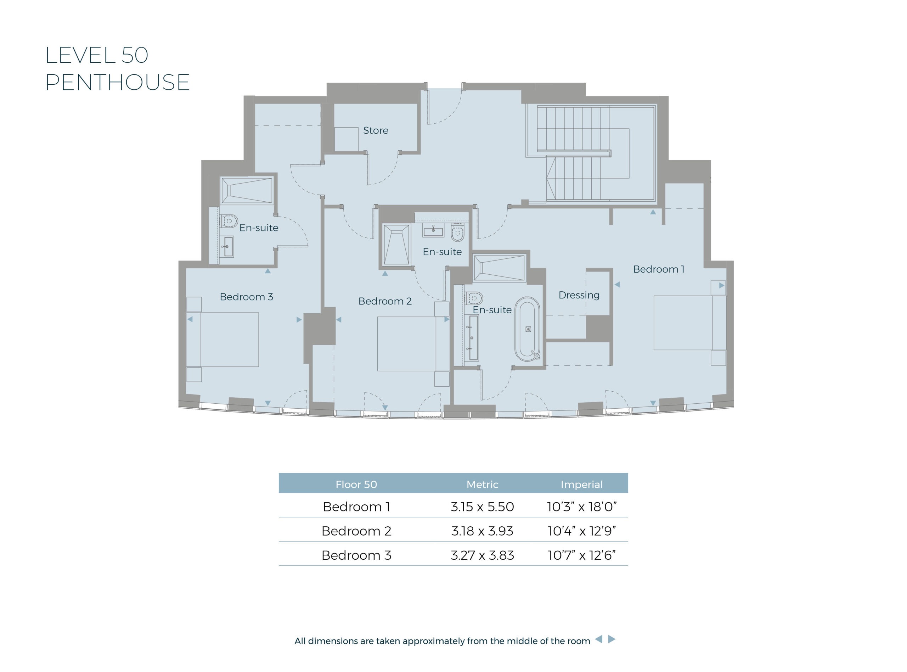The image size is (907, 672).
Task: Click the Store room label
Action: click(x=375, y=130)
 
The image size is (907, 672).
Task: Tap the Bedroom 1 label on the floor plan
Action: click(x=659, y=269)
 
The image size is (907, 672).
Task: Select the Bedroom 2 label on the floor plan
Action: click(x=385, y=301)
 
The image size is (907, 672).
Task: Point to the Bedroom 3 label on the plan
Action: click(x=246, y=297)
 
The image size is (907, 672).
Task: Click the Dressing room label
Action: click(x=579, y=295)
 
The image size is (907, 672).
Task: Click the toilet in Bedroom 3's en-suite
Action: click(x=229, y=221)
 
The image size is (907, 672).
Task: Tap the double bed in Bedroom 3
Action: click(x=223, y=340)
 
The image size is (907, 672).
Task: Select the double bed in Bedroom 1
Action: click(x=689, y=323)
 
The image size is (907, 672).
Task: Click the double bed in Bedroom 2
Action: click(x=413, y=344)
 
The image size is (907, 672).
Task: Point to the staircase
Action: click(x=590, y=153)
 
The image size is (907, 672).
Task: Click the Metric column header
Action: click(x=482, y=485)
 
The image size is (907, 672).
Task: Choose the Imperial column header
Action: click(x=581, y=485)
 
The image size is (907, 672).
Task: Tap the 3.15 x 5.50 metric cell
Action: click(x=482, y=507)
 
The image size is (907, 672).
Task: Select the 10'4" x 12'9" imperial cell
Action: click(x=582, y=531)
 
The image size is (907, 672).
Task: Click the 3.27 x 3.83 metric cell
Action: click(x=482, y=555)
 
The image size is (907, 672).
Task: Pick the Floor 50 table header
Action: click(x=356, y=485)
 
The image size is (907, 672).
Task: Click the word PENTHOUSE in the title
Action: click(x=118, y=82)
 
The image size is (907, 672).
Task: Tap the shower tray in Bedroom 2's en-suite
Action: click(x=396, y=245)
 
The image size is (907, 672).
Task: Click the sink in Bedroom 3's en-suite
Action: click(x=229, y=247)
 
